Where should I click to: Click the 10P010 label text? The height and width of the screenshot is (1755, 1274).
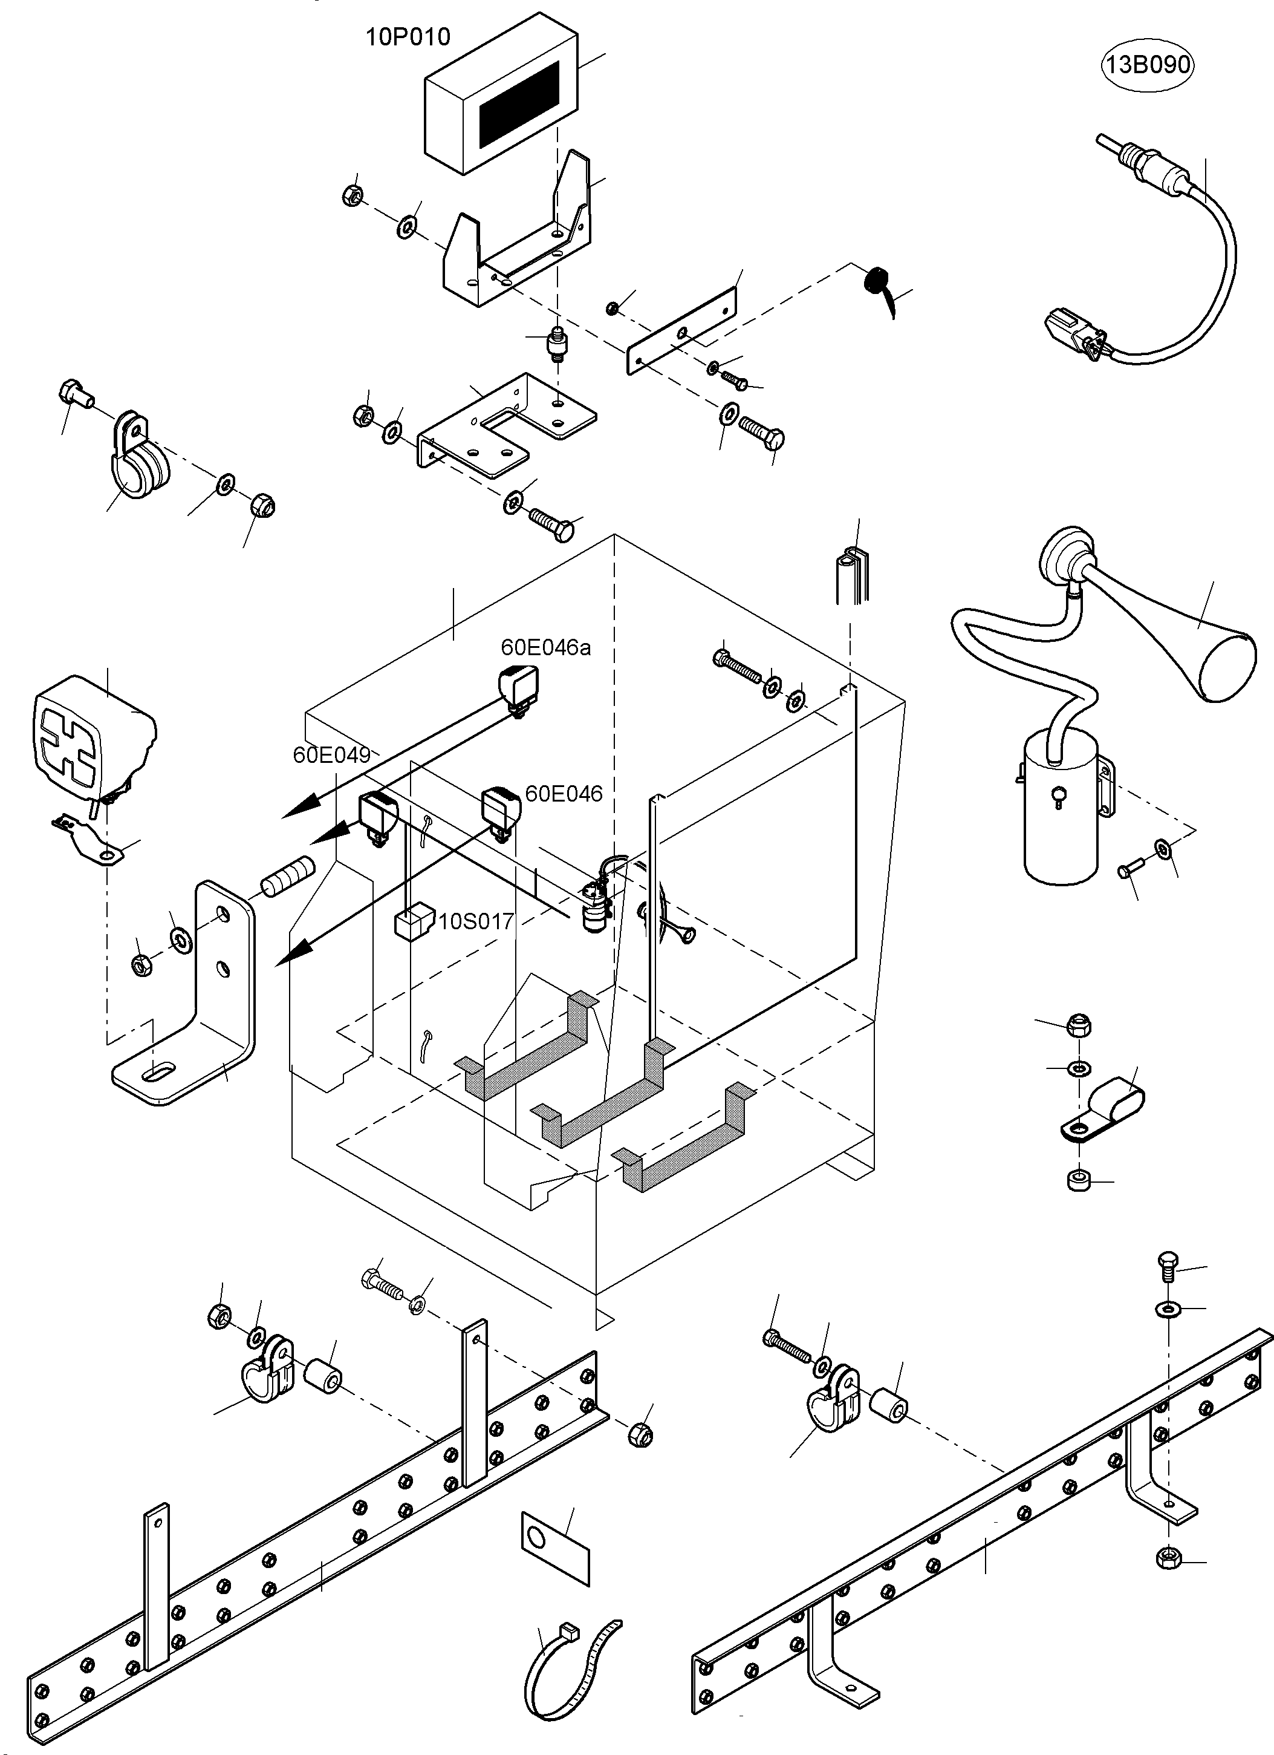coord(408,36)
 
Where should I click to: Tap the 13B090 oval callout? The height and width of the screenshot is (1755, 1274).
coord(1146,65)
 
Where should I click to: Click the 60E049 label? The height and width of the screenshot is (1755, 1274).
coord(331,754)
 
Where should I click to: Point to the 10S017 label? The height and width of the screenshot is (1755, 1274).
coord(476,921)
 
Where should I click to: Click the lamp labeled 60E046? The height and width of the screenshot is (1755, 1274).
coord(501,806)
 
